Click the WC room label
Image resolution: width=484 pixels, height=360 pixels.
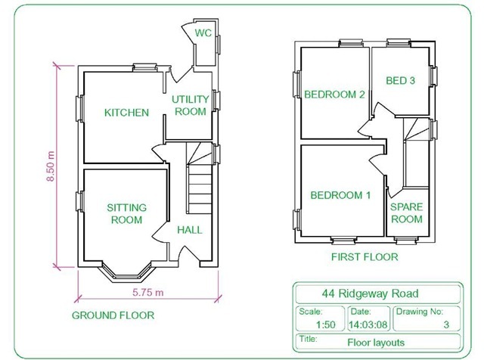pyautogui.click(x=203, y=33)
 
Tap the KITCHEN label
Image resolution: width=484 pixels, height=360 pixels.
pyautogui.click(x=126, y=113)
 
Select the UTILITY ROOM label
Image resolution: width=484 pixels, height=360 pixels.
pyautogui.click(x=189, y=106)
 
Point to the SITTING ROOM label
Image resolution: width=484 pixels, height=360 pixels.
pyautogui.click(x=126, y=214)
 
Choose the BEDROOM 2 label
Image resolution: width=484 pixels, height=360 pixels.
pyautogui.click(x=335, y=95)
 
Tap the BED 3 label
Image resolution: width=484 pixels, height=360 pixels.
pyautogui.click(x=401, y=81)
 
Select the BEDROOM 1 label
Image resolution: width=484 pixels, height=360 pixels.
pyautogui.click(x=340, y=195)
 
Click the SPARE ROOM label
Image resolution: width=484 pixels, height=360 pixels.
pyautogui.click(x=406, y=213)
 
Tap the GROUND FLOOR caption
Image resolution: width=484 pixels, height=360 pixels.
pyautogui.click(x=113, y=315)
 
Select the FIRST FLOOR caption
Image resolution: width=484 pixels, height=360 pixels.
pyautogui.click(x=365, y=257)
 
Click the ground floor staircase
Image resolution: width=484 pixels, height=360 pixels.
pyautogui.click(x=200, y=188)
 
